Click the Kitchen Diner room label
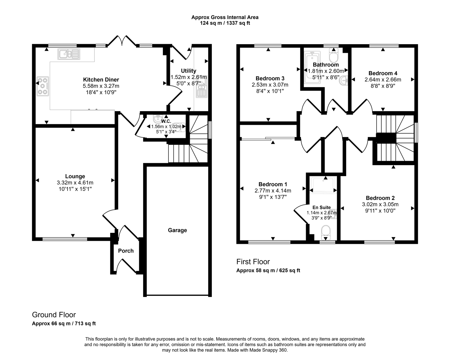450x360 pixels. (x=101, y=80)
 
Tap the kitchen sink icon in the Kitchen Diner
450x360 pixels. (x=69, y=54)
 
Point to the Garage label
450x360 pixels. (x=177, y=230)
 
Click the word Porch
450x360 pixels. (x=126, y=251)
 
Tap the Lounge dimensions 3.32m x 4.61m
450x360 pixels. (x=75, y=183)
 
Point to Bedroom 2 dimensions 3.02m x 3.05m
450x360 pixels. (x=380, y=204)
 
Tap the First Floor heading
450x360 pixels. (x=253, y=262)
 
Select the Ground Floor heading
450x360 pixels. (x=54, y=315)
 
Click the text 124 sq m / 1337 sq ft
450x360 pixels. (x=225, y=23)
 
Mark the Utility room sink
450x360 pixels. (x=202, y=88)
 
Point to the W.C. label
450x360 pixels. (x=166, y=121)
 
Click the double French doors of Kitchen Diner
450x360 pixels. (x=122, y=40)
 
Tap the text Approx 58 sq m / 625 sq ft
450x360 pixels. (x=268, y=271)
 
